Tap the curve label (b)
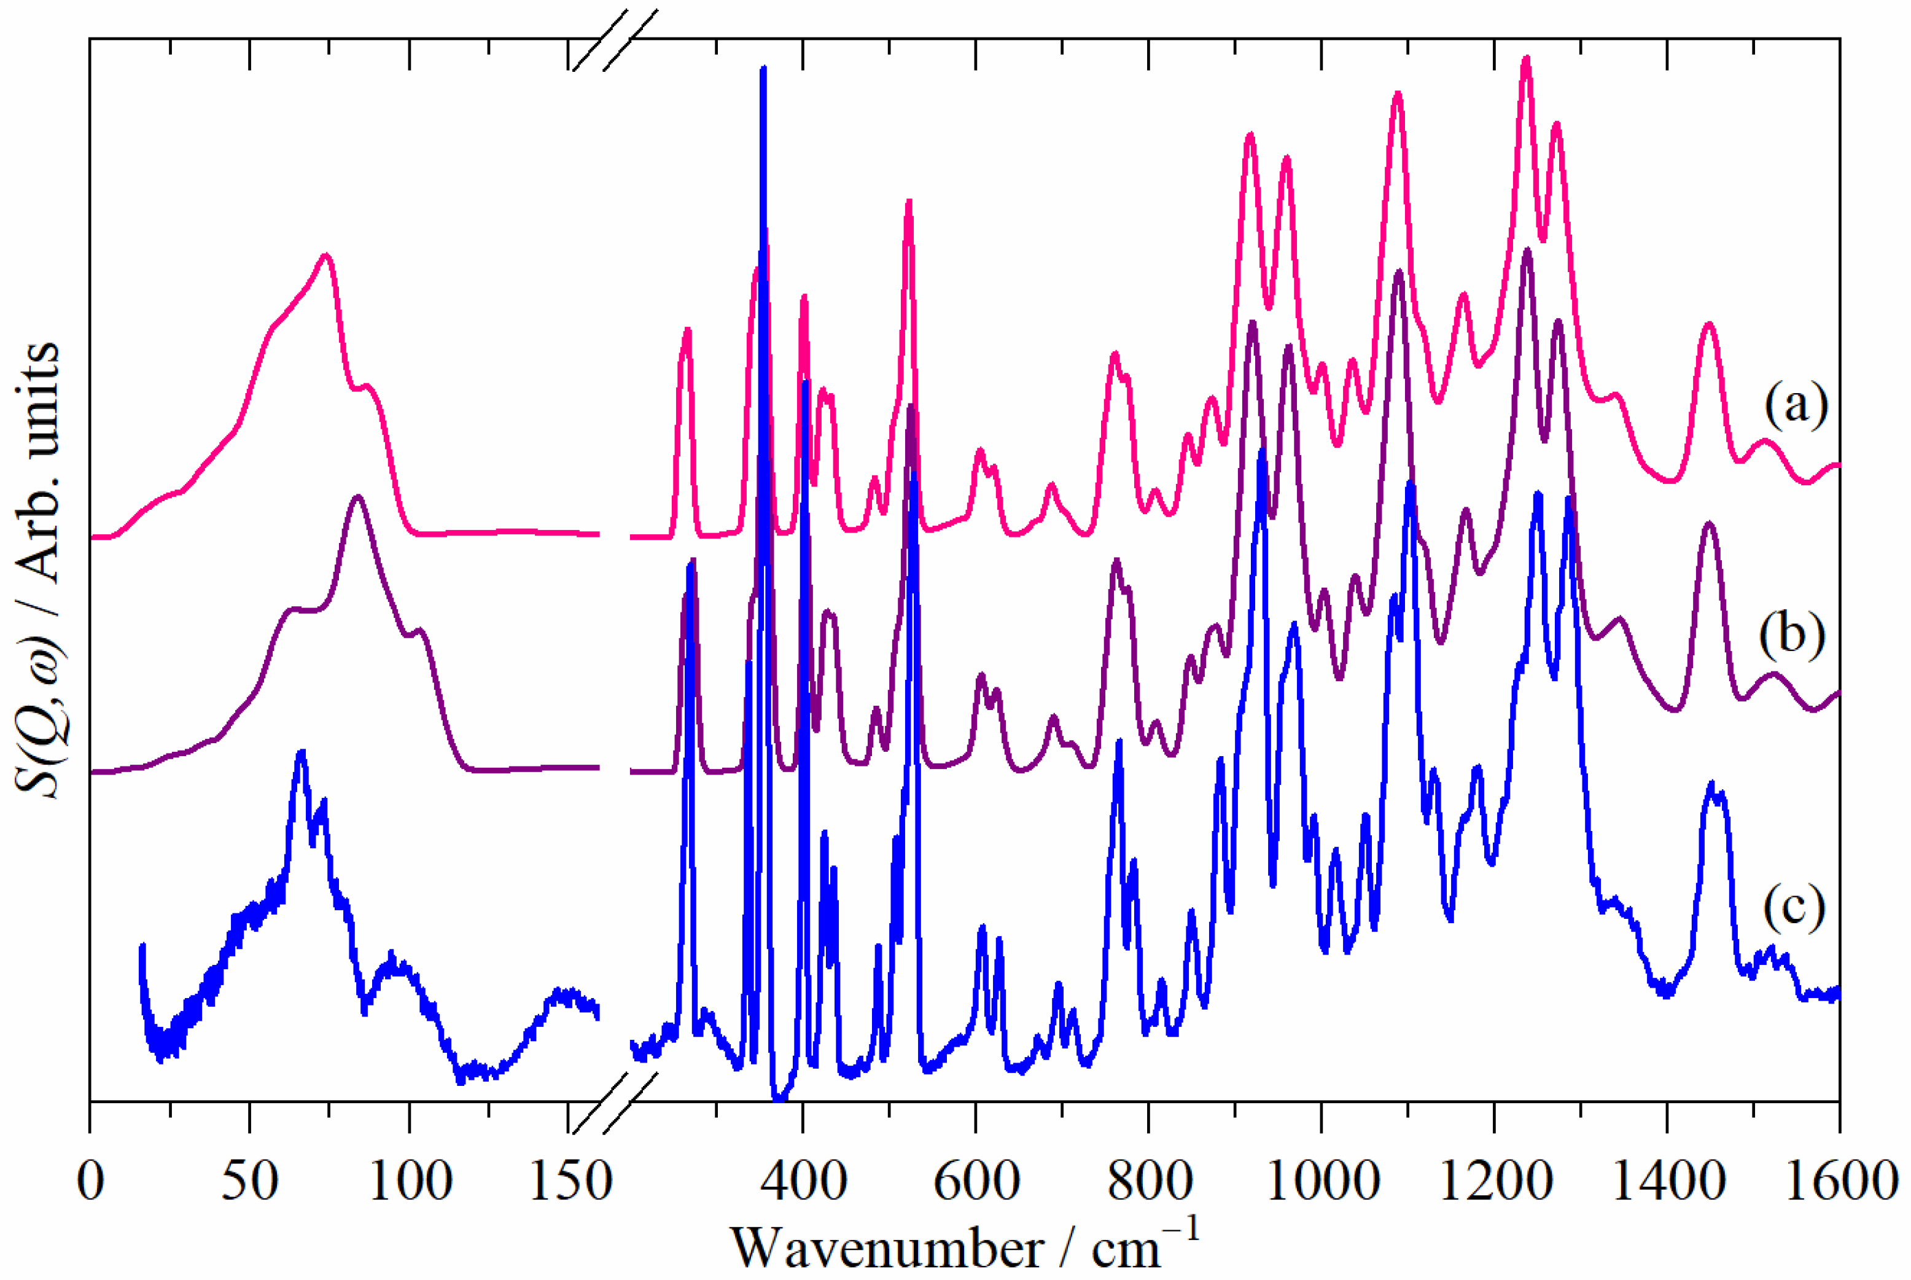1791,634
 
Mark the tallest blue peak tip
763,69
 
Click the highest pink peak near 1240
1526,59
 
